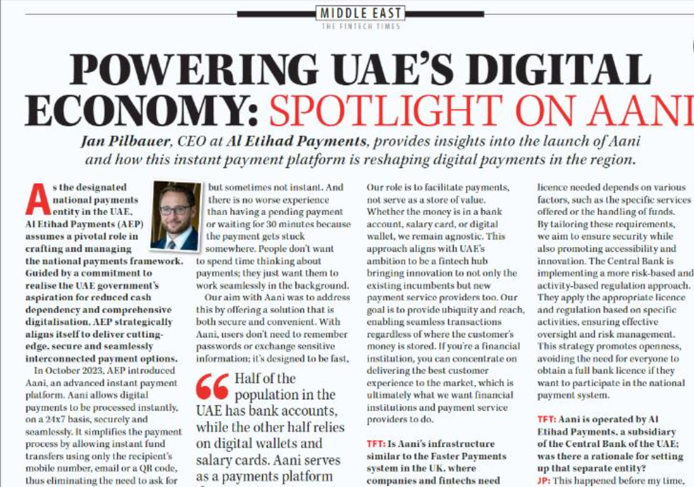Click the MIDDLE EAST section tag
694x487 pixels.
click(361, 13)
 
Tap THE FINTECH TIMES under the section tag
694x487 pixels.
click(360, 27)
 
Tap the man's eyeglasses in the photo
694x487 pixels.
click(176, 209)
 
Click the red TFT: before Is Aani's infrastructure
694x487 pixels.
click(377, 444)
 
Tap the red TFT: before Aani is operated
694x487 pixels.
click(548, 420)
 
